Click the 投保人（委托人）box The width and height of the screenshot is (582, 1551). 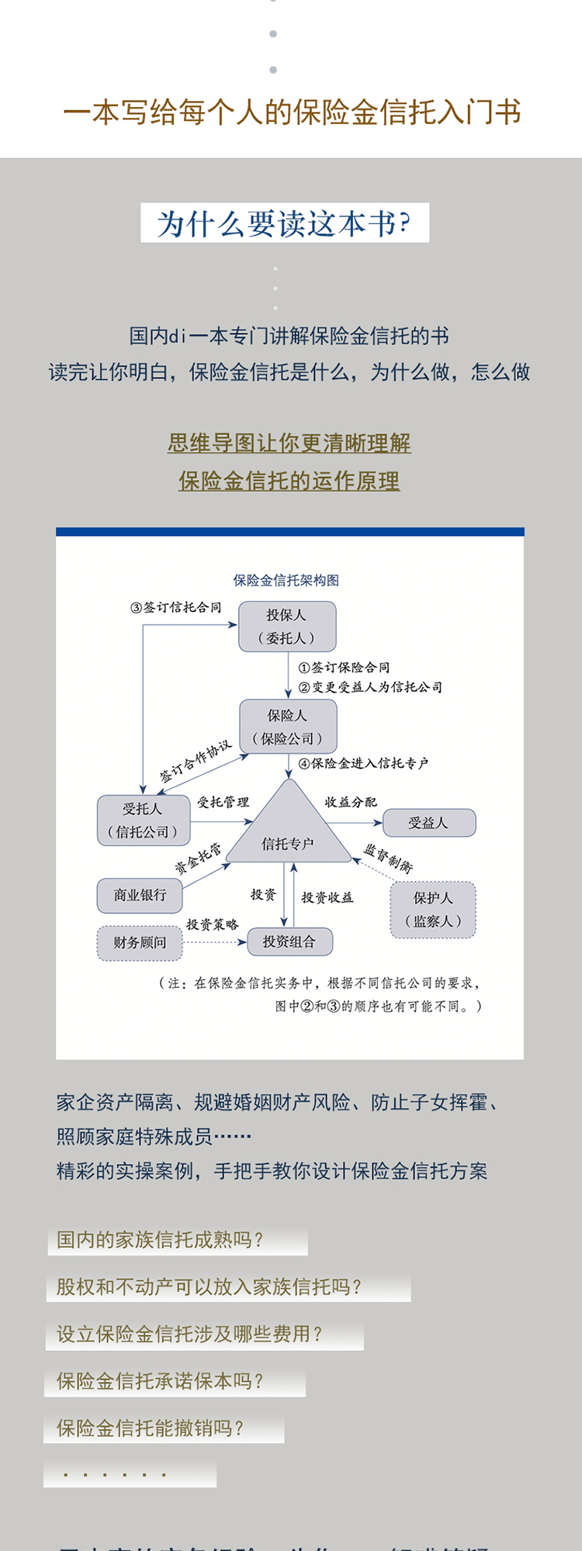(287, 627)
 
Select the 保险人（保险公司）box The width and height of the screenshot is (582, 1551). (288, 727)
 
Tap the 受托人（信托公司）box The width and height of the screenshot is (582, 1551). (143, 820)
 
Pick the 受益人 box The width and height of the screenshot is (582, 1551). (428, 823)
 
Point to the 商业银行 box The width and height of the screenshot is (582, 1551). (140, 895)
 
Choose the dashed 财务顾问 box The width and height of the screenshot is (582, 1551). (140, 942)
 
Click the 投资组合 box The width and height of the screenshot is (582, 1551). (289, 941)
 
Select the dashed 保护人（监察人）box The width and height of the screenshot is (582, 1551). (432, 910)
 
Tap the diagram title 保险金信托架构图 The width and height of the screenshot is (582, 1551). (286, 580)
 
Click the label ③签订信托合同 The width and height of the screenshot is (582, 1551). (176, 607)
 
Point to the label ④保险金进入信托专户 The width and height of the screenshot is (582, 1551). (363, 763)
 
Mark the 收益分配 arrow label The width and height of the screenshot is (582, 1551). (351, 802)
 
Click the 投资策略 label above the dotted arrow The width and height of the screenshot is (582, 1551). (212, 924)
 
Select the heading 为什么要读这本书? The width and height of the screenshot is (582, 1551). (285, 223)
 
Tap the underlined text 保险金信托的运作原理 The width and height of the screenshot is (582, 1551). (289, 481)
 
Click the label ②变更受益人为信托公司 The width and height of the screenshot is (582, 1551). (370, 687)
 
